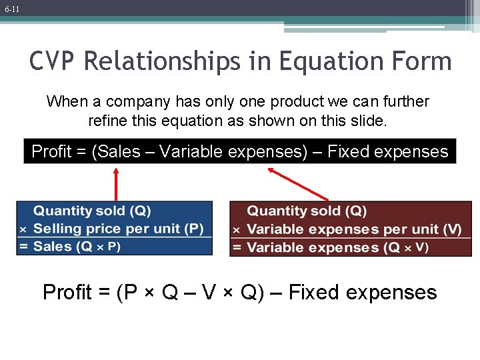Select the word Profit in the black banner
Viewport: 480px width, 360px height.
(x=51, y=152)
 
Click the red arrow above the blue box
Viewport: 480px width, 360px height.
(x=116, y=183)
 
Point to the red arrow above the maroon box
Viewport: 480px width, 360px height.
(x=298, y=183)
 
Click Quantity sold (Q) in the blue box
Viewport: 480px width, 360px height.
(x=93, y=211)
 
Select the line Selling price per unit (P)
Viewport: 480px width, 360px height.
(x=118, y=229)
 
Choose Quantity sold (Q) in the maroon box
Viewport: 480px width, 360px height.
(x=307, y=211)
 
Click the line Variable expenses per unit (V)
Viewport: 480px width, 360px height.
(x=353, y=229)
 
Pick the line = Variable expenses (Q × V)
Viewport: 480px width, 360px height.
(x=337, y=247)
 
